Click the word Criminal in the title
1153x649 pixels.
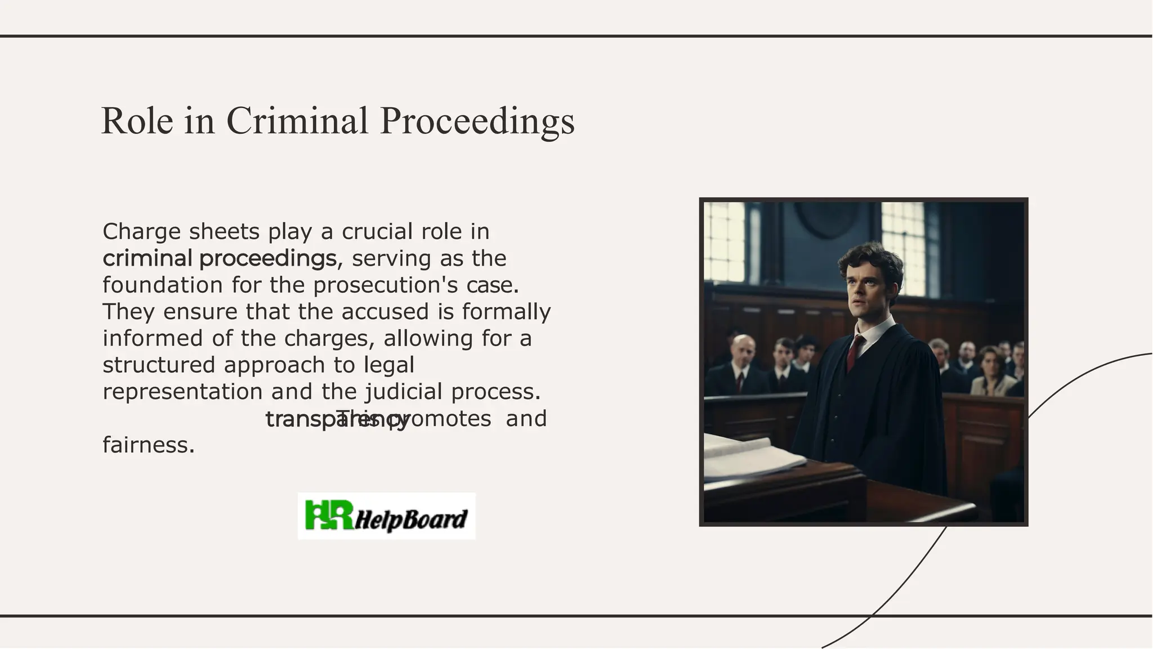(x=297, y=120)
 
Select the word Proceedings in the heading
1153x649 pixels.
(x=477, y=120)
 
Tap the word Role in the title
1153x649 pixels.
(x=137, y=120)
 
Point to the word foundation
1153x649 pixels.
(x=163, y=285)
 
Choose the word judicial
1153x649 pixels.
(x=404, y=391)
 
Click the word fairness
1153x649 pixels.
(x=149, y=445)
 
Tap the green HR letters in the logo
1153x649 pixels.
(x=329, y=515)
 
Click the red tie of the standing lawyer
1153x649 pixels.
(x=855, y=351)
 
